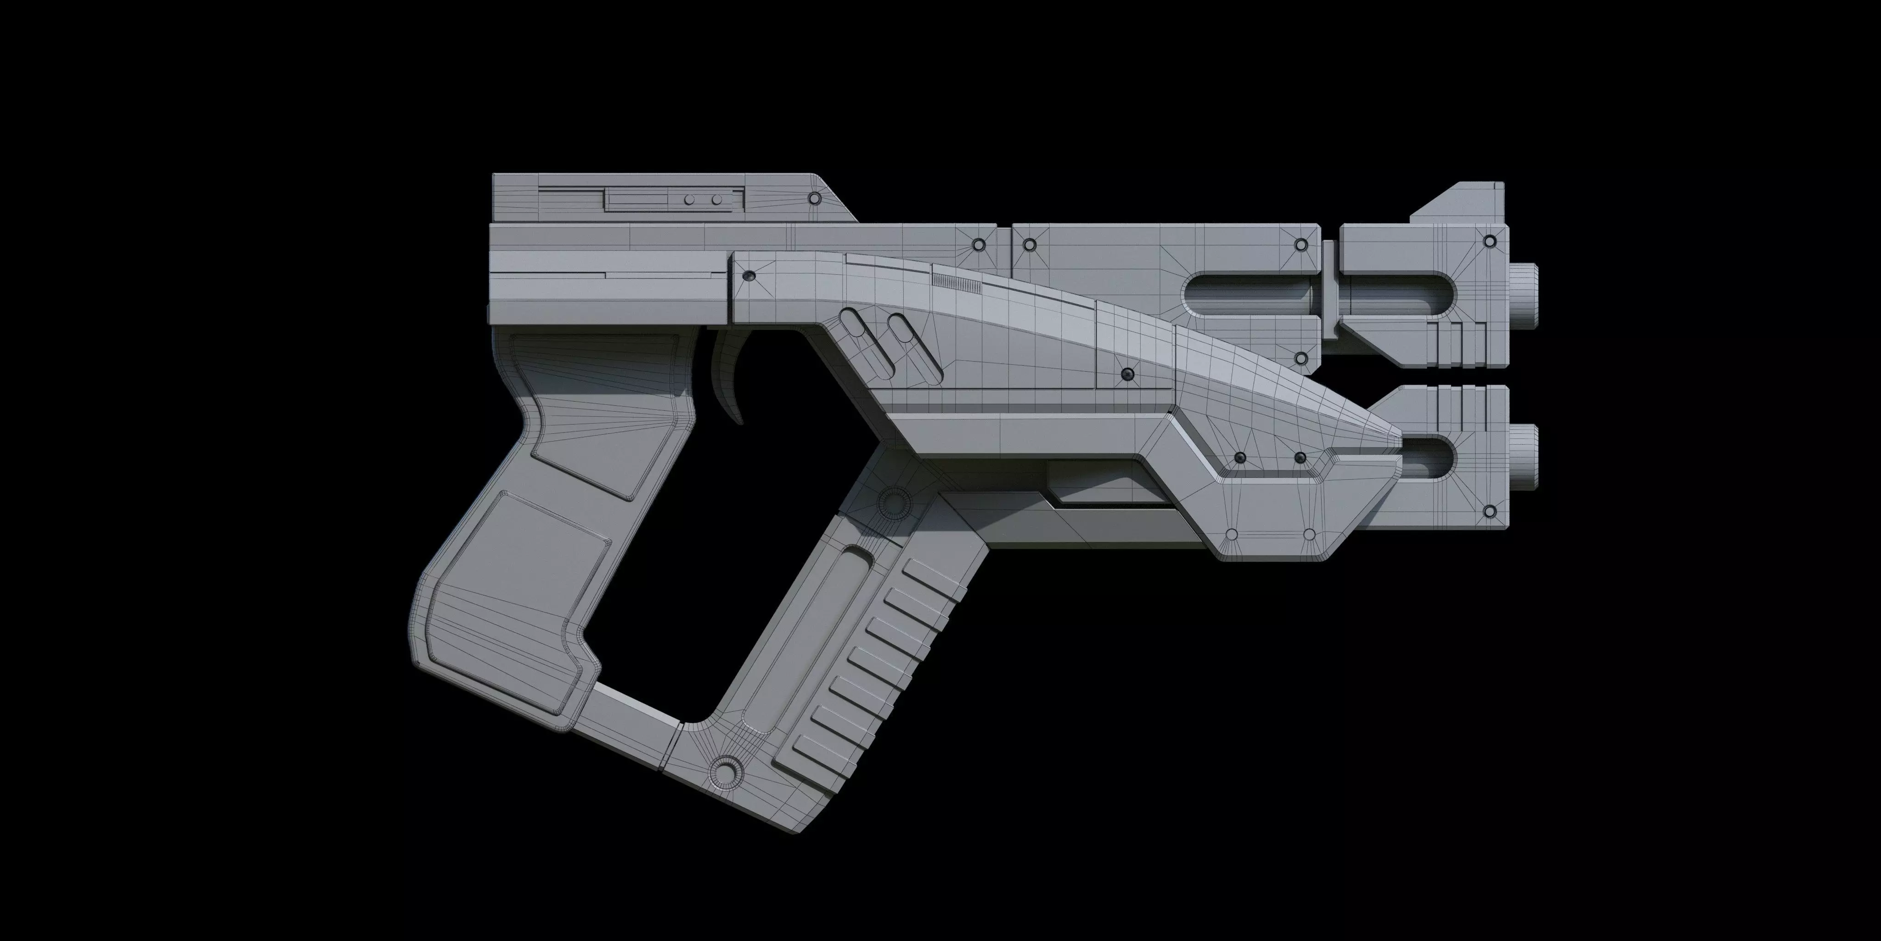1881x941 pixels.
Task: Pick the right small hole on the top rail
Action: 717,199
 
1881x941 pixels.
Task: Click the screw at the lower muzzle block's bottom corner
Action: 1489,510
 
